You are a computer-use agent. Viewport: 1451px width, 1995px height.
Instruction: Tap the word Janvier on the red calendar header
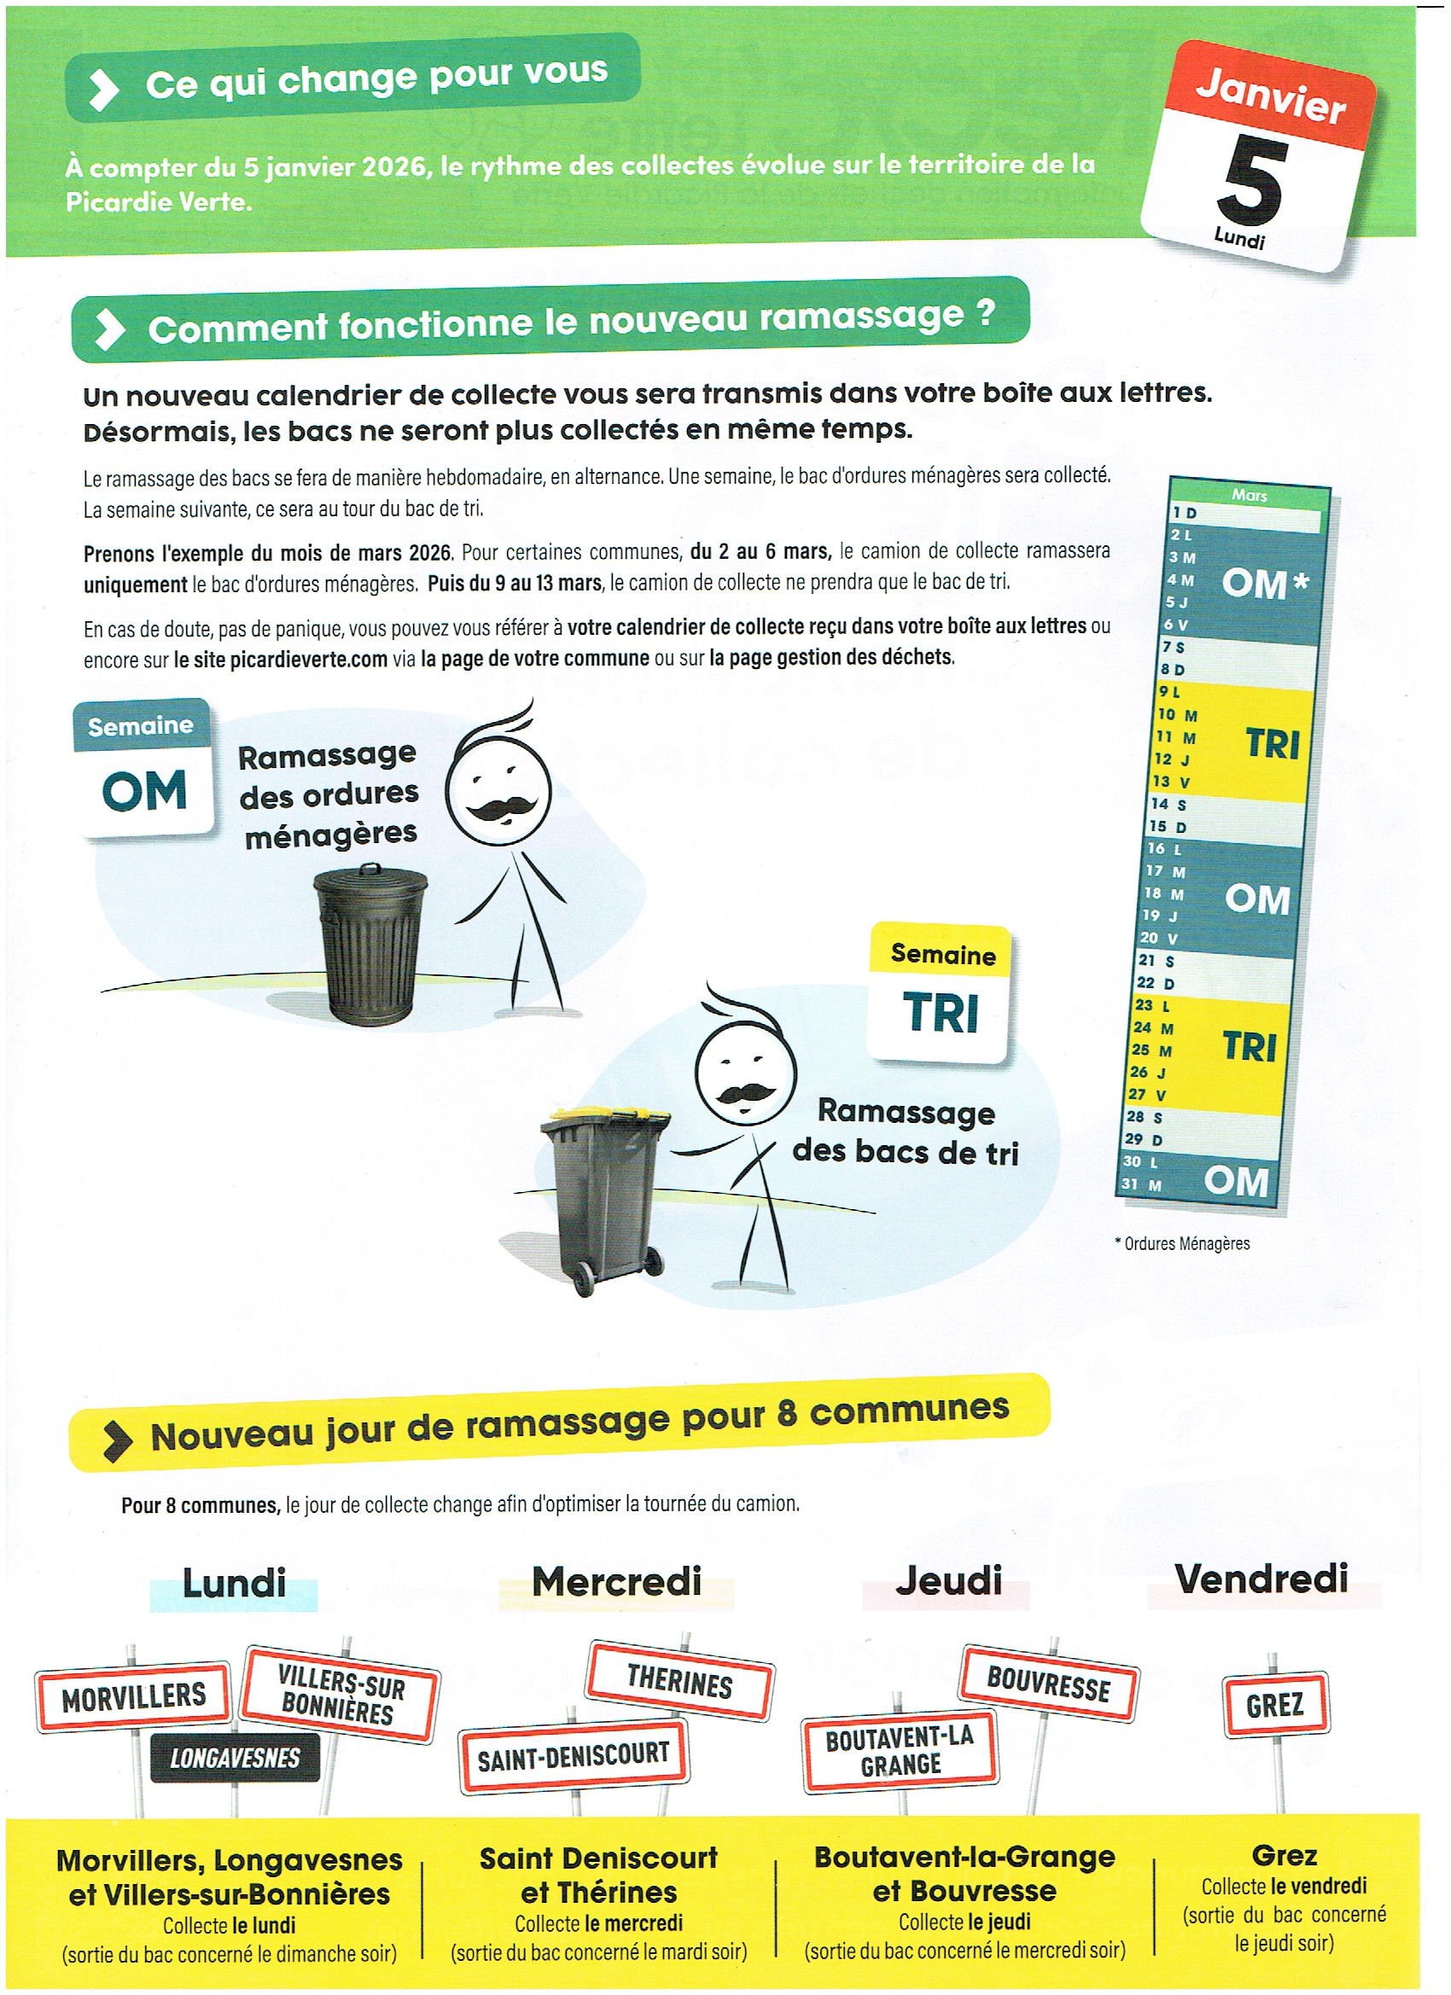tap(1270, 96)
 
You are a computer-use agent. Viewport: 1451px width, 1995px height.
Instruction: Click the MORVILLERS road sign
tap(133, 1697)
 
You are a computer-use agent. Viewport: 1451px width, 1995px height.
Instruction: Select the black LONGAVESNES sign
tap(235, 1758)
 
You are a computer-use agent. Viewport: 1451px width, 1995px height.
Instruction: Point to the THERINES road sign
tap(679, 1681)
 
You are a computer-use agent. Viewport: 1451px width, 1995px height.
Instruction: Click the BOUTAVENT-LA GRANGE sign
tap(900, 1751)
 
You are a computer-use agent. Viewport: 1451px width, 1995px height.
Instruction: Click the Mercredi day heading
tap(616, 1581)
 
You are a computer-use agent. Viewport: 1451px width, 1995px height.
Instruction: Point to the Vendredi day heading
tap(1261, 1579)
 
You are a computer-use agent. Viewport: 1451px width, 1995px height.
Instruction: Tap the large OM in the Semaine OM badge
tap(145, 790)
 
